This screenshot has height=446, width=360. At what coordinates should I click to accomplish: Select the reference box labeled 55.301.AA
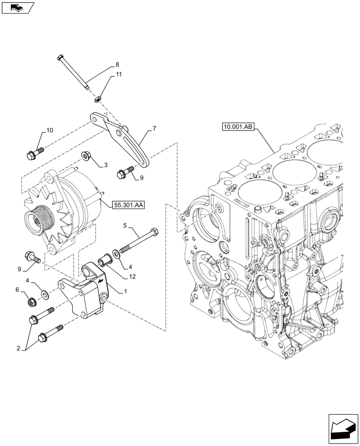(x=130, y=205)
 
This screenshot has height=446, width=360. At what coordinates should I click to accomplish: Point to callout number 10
(x=49, y=130)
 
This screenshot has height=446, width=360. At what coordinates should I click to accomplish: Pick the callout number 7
(x=154, y=128)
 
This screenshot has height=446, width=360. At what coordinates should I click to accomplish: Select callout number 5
(x=125, y=227)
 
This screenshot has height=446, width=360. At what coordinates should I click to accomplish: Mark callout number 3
(x=106, y=165)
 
